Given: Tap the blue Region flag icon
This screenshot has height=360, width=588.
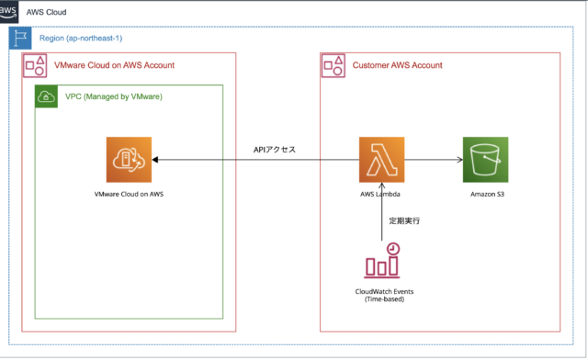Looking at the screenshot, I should [x=19, y=39].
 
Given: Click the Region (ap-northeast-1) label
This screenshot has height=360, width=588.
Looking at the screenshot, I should [x=80, y=39].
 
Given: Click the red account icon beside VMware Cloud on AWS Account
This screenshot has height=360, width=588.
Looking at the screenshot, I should [x=35, y=65].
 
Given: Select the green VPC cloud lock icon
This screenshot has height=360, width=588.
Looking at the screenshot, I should [x=44, y=96].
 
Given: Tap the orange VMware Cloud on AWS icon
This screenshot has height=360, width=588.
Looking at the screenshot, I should [x=128, y=160].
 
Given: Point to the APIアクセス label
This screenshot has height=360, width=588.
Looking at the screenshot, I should [x=274, y=149].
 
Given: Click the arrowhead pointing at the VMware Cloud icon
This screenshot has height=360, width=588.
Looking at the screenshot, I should [x=158, y=161].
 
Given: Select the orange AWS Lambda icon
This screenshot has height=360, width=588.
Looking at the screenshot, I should [x=381, y=161].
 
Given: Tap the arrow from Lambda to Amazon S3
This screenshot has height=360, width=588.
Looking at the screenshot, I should [x=432, y=161].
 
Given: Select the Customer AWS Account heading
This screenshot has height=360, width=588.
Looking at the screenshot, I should [x=398, y=65].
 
